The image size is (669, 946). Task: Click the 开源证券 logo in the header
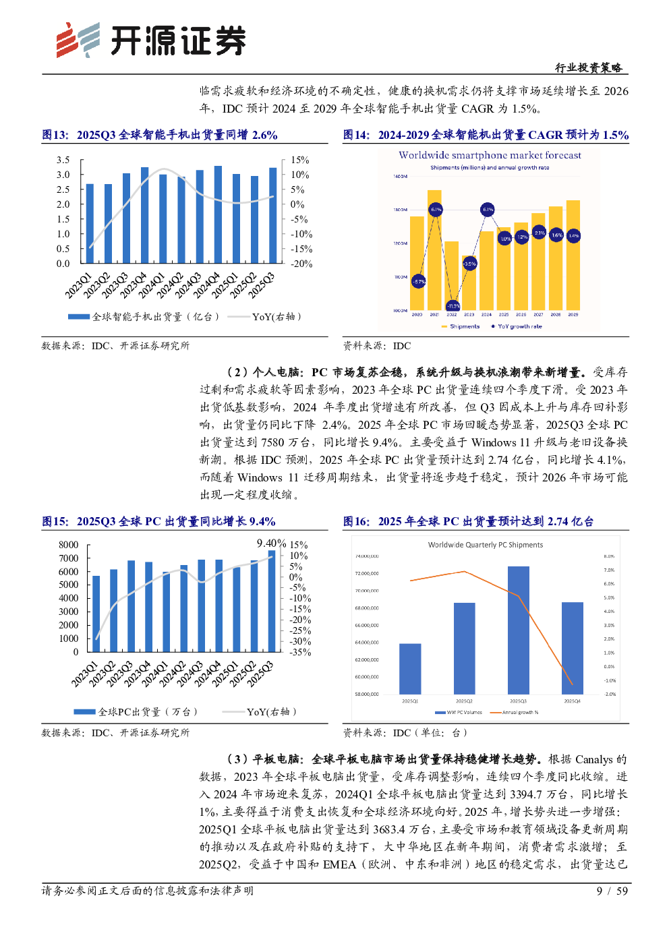[x=151, y=40]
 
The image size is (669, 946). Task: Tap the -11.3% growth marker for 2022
[x=453, y=306]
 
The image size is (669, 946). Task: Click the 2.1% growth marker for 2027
[x=540, y=233]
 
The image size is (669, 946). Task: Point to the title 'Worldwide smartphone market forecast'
[x=490, y=155]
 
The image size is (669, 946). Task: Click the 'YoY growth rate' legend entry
[x=519, y=326]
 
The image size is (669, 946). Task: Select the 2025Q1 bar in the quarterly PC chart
[x=410, y=668]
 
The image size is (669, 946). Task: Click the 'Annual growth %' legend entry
[x=520, y=712]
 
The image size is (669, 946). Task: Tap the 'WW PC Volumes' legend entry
[x=464, y=712]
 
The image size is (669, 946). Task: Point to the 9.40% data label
[x=271, y=543]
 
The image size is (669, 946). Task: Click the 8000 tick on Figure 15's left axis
[x=69, y=545]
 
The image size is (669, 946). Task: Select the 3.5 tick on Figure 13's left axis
[x=63, y=160]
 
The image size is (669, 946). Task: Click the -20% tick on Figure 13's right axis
[x=301, y=264]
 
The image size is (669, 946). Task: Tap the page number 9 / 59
[x=612, y=891]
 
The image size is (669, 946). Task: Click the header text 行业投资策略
[x=588, y=67]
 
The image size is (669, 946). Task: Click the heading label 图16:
[x=356, y=521]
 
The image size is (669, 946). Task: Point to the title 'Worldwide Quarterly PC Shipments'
[x=486, y=545]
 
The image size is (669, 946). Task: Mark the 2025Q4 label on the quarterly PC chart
[x=572, y=701]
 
